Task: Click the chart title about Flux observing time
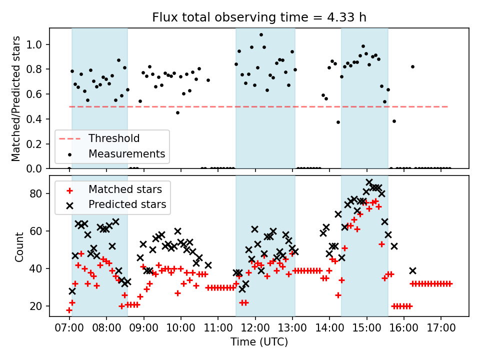click(x=259, y=17)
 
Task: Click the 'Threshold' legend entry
click(x=114, y=138)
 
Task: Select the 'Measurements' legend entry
click(x=126, y=153)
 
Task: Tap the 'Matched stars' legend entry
click(x=124, y=189)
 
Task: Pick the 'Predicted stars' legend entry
click(x=127, y=204)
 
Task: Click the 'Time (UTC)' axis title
click(x=259, y=342)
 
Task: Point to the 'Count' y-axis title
click(x=19, y=246)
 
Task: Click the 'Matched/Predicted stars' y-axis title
click(x=16, y=98)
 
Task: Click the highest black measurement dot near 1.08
click(x=261, y=35)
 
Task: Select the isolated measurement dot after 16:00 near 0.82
click(x=412, y=66)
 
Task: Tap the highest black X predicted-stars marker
click(x=369, y=182)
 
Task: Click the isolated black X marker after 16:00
click(x=412, y=270)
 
